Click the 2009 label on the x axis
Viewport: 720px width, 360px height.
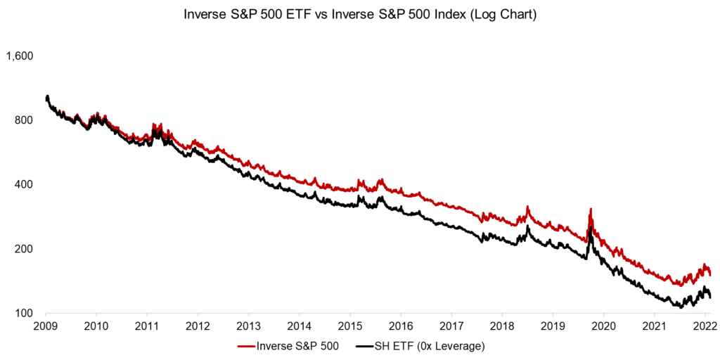[x=46, y=326]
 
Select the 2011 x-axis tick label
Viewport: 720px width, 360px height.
[x=147, y=326]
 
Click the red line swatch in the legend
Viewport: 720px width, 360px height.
[x=246, y=346]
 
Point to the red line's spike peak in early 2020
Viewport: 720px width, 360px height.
[x=591, y=210]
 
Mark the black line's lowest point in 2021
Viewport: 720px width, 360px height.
[x=681, y=307]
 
